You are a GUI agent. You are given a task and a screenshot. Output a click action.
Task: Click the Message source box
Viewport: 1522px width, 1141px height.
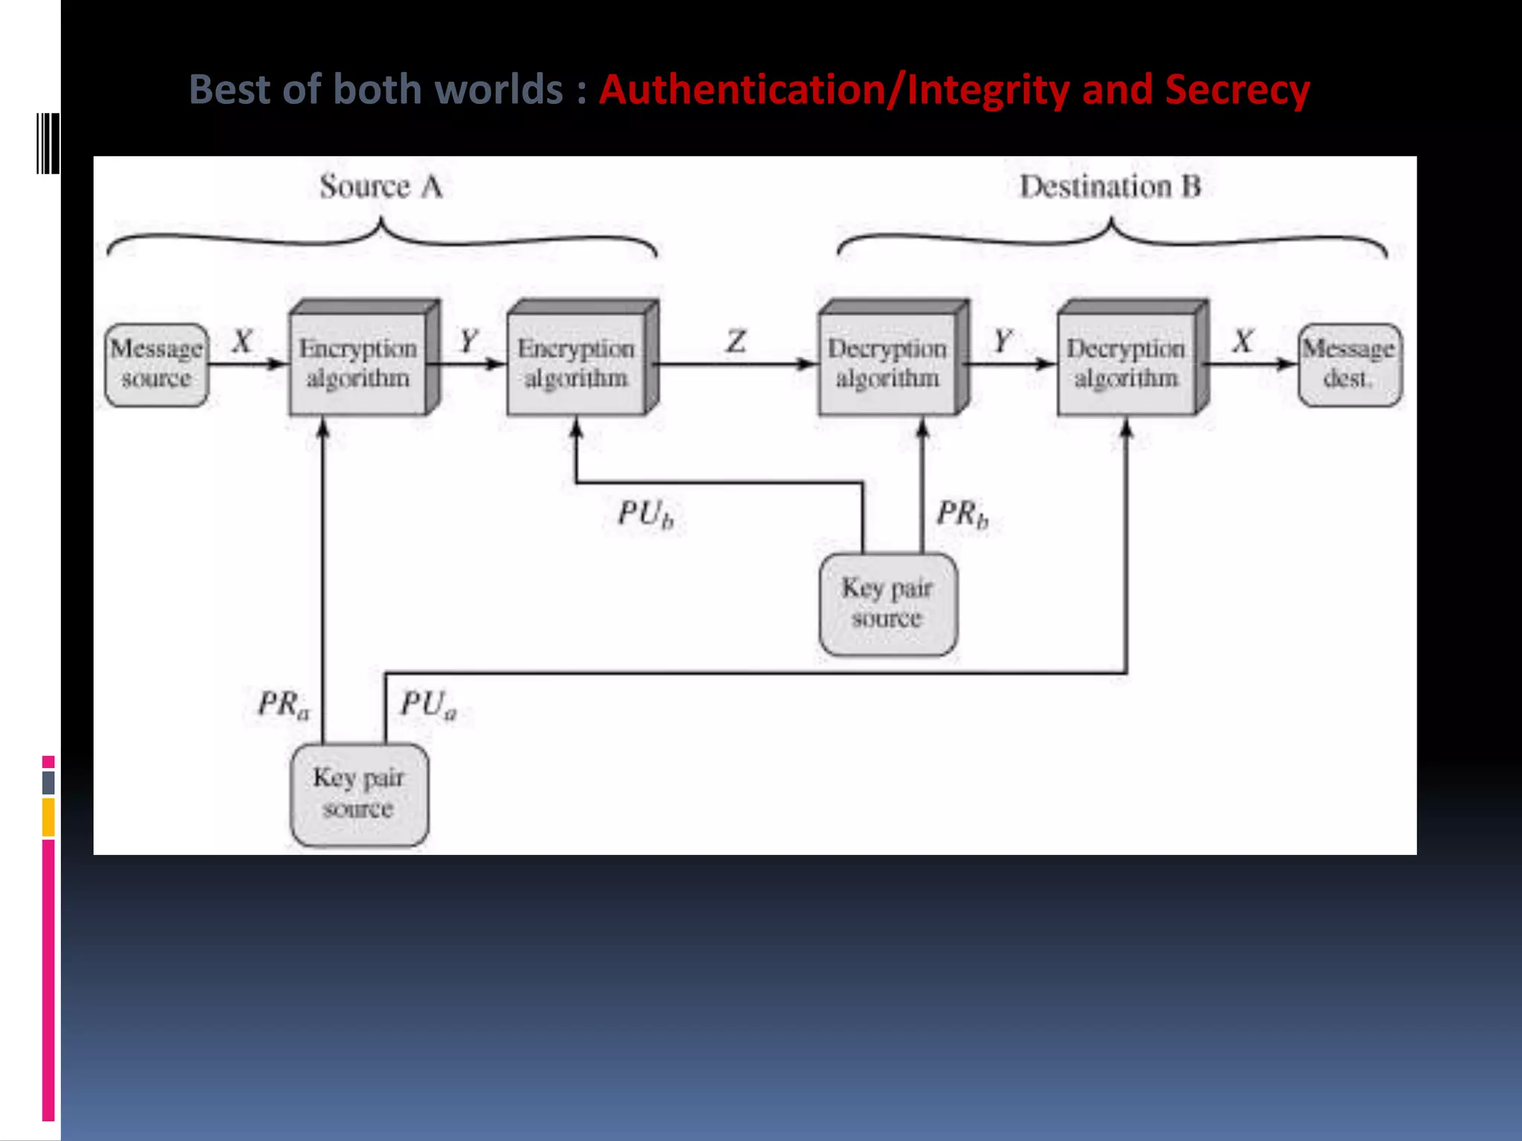point(156,364)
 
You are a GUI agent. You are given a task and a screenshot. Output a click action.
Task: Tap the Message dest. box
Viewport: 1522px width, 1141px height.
point(1350,364)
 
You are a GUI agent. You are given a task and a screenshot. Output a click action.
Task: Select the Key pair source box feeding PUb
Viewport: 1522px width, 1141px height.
point(888,604)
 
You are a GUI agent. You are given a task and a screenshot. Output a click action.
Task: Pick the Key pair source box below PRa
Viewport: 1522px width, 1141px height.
point(359,794)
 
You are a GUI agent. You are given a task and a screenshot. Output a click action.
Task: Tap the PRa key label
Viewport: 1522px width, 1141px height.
point(283,704)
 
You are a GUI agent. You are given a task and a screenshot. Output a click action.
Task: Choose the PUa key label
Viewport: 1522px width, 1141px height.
point(428,704)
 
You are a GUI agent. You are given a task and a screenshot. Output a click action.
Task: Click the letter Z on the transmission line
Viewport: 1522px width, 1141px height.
point(736,342)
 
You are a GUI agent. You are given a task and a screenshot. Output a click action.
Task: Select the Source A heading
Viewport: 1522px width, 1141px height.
point(381,186)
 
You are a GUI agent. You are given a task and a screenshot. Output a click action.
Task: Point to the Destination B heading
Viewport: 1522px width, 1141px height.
point(1110,186)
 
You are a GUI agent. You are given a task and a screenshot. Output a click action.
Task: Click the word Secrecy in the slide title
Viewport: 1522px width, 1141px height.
point(1237,91)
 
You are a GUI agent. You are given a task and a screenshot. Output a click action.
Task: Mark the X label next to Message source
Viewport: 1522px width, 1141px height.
point(242,342)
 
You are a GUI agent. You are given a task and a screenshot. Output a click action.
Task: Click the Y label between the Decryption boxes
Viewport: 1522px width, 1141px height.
point(1003,342)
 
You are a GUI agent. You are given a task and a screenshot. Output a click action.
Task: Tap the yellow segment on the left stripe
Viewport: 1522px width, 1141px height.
point(48,817)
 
